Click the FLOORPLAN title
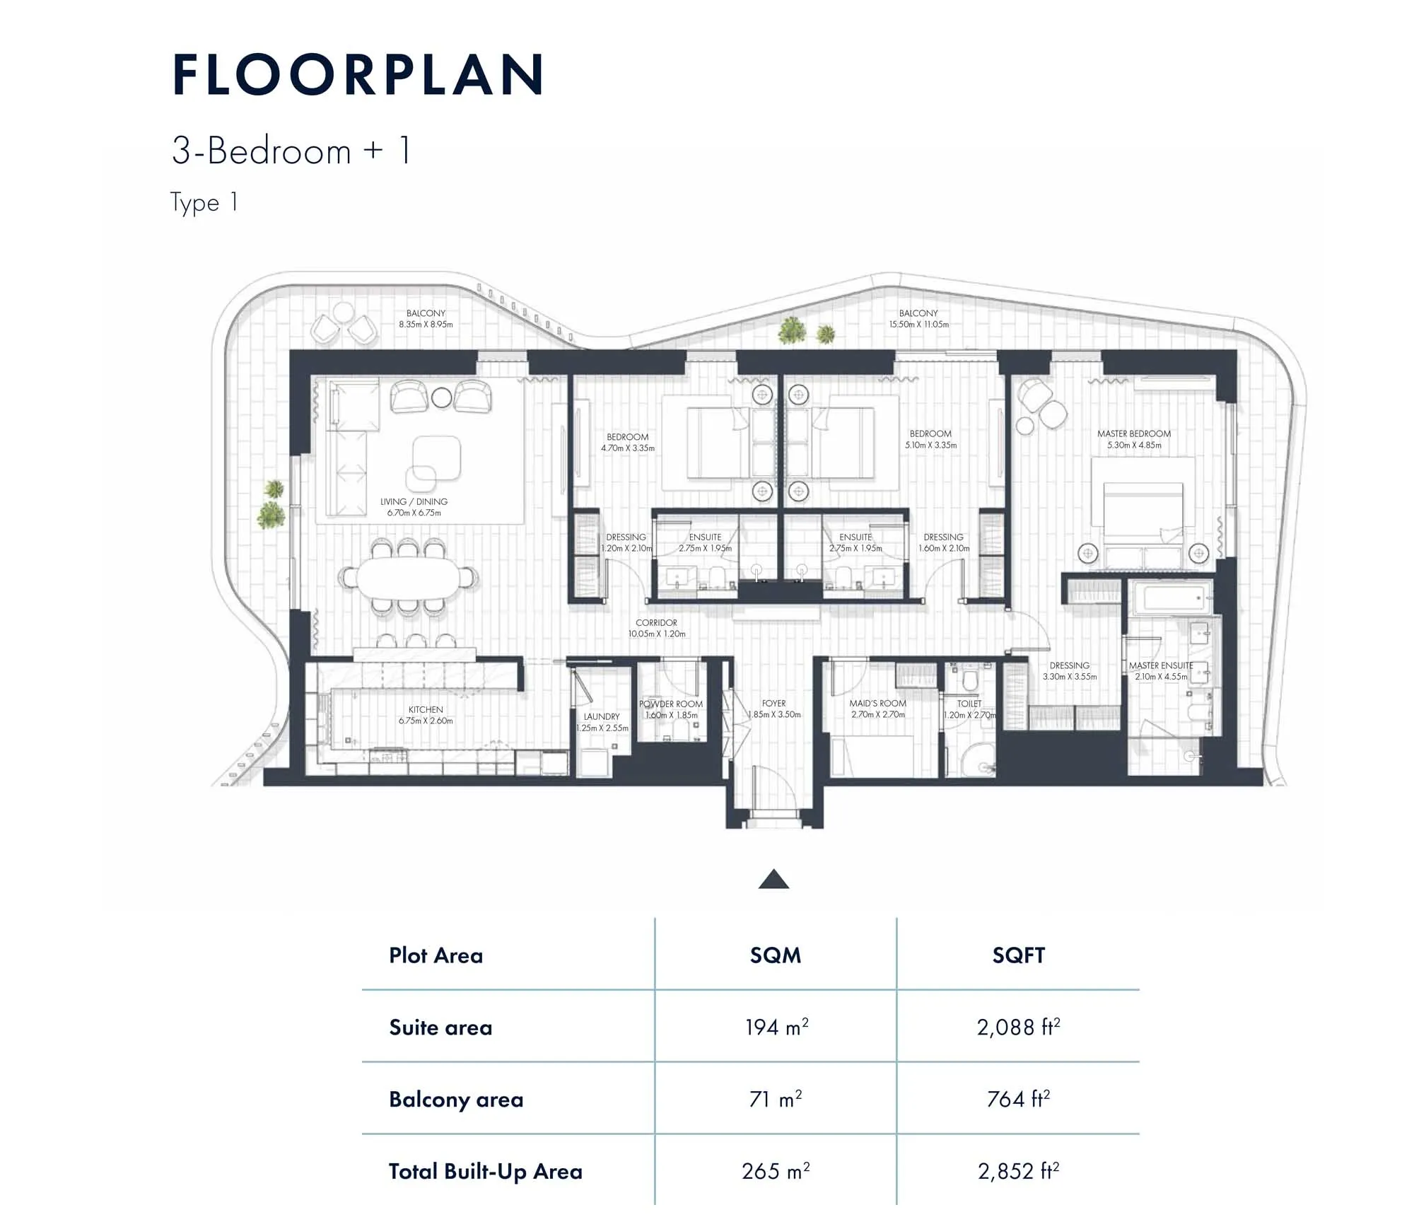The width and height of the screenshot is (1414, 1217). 358,75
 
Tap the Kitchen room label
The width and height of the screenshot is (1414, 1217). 426,709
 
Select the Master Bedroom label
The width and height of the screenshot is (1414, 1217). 1134,433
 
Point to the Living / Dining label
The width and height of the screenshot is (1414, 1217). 414,501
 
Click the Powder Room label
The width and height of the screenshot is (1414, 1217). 671,704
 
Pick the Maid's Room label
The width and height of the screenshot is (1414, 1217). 877,704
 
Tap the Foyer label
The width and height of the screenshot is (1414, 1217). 773,704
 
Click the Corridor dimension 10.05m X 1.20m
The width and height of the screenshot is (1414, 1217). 657,634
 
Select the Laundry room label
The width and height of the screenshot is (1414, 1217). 602,716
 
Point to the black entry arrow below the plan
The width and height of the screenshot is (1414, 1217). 773,879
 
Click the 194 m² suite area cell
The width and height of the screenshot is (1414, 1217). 776,1027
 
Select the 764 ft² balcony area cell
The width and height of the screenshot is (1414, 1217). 1018,1099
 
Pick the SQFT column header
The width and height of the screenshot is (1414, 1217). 1018,955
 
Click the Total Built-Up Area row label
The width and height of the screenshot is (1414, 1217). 486,1172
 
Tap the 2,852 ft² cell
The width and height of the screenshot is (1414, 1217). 1018,1171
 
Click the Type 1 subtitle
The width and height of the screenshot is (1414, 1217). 204,203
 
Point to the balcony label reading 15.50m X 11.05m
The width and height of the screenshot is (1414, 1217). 918,325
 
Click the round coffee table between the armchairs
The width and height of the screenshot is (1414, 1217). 441,398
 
